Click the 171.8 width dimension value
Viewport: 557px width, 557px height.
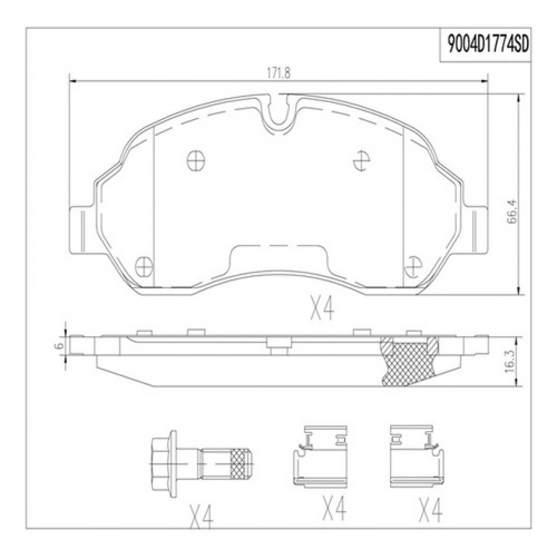[278, 74]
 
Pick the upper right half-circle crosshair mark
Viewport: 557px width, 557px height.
[361, 161]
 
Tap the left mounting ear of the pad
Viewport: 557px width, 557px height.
[82, 230]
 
